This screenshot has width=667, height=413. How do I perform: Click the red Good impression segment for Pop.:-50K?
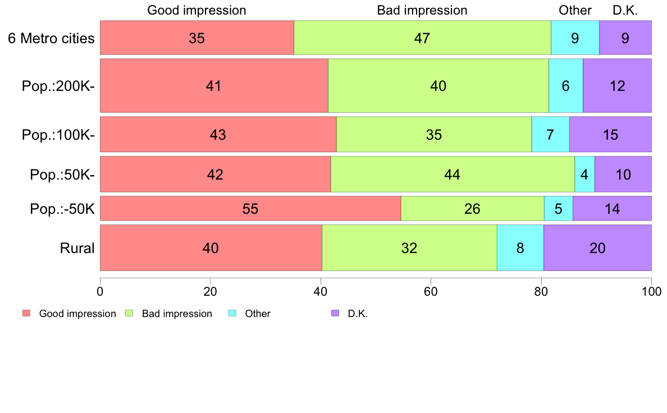tap(250, 208)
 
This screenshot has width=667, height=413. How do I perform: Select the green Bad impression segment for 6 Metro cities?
tap(422, 38)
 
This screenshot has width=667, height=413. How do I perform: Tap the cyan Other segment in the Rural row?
tap(520, 247)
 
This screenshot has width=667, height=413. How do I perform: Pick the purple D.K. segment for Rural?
tap(598, 247)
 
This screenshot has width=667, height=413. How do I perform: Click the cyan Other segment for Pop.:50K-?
tap(584, 174)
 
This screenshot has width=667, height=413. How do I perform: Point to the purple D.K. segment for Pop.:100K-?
tap(610, 135)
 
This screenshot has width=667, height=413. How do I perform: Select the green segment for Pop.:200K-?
tap(438, 85)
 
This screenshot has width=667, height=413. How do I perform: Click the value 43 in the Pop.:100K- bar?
tap(218, 135)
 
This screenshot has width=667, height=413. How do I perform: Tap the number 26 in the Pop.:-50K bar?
tap(472, 209)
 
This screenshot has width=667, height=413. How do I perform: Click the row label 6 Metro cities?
tap(51, 38)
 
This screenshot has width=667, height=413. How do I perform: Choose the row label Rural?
tap(77, 248)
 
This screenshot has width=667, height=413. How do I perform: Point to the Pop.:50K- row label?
tap(62, 175)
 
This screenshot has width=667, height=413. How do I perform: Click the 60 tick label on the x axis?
tap(431, 291)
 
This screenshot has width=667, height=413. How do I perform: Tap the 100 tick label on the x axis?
tap(651, 291)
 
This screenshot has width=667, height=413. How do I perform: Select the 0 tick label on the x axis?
tap(100, 291)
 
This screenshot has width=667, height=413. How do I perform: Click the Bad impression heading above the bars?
tap(422, 10)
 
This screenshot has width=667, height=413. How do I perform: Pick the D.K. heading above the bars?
tap(625, 10)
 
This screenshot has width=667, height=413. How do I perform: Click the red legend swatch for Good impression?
tap(26, 313)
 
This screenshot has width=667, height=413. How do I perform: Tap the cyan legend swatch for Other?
tap(232, 313)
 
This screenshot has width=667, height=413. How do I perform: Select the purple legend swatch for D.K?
tap(335, 313)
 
